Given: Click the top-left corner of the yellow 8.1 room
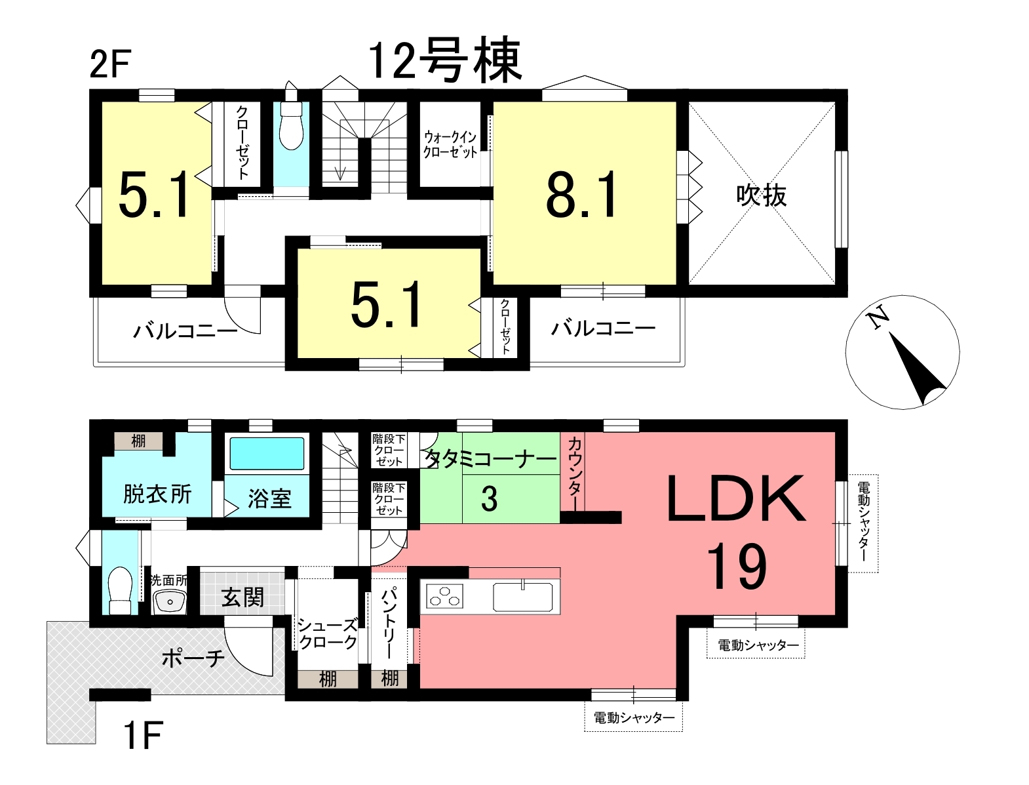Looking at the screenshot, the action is pos(494,102).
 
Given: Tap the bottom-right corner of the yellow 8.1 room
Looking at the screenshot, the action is pos(676,285).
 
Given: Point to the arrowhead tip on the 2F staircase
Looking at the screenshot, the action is pos(340,180).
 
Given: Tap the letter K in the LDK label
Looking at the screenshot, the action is pos(778,498).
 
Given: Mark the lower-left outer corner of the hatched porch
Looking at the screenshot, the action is pos(47,744).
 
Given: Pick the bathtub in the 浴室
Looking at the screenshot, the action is pos(266,453).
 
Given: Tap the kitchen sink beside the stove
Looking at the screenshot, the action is pos(523,597).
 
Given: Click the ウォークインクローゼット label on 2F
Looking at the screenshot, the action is pos(450,145).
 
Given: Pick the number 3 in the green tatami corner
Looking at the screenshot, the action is pos(490,499).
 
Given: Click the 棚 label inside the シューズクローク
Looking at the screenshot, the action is pos(328,679).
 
